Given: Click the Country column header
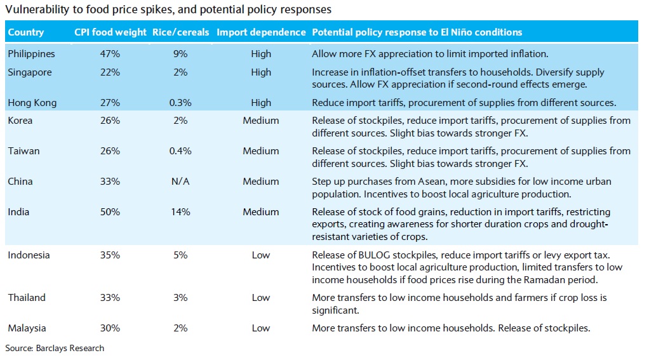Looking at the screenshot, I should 26,32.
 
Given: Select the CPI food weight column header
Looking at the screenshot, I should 110,32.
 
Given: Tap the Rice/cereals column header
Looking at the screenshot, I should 180,32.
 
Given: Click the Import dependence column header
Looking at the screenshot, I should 260,32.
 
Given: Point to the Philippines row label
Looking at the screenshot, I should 31,54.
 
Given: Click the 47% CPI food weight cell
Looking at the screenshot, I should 110,54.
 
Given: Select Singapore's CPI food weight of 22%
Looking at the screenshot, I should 110,72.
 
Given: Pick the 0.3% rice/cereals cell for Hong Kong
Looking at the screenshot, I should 180,103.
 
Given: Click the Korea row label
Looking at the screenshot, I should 20,121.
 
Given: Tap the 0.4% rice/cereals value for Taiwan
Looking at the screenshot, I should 180,151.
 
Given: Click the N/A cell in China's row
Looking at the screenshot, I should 180,182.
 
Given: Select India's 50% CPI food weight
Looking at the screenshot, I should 110,212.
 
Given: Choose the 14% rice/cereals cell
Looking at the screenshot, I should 180,212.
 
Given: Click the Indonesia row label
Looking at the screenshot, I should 29,255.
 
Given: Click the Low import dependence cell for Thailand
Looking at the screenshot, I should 260,298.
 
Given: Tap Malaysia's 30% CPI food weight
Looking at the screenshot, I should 110,328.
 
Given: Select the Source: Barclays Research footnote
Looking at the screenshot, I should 55,348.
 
